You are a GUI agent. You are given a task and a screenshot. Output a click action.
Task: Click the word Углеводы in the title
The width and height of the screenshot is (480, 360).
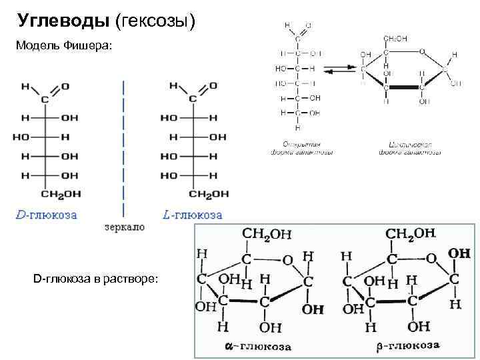click(x=63, y=21)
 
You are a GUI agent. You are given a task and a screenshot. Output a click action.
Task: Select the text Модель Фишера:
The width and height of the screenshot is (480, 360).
click(x=64, y=46)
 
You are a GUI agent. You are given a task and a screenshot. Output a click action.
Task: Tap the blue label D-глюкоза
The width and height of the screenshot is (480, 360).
click(x=46, y=215)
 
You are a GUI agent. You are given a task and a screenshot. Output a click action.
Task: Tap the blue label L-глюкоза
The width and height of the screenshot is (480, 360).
click(x=193, y=215)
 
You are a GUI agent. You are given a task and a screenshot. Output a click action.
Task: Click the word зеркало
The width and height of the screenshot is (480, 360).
click(x=125, y=227)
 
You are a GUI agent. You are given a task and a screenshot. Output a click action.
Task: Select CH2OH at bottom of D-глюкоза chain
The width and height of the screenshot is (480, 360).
click(x=61, y=195)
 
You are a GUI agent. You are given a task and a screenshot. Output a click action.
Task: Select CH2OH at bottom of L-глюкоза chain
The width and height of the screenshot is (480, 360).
click(x=209, y=195)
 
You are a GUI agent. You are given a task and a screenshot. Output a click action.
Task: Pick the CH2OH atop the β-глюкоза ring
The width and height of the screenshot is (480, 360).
click(x=411, y=234)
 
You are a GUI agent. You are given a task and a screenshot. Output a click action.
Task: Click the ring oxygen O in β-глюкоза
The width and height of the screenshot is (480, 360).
click(x=431, y=258)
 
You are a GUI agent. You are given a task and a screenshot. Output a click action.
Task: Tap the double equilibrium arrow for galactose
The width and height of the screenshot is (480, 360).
click(x=337, y=69)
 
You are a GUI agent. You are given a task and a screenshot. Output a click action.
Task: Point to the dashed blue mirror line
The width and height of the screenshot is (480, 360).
click(x=123, y=147)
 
